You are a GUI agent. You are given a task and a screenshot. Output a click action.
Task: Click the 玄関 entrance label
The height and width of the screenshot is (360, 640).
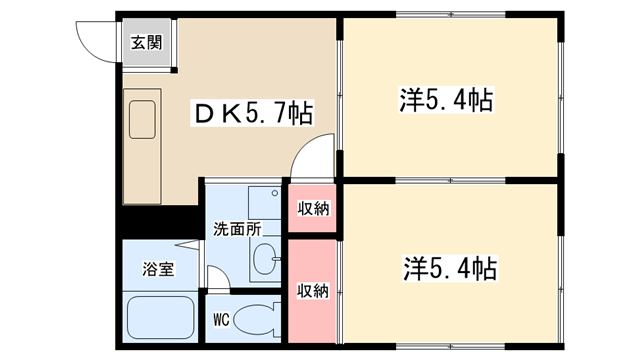pyautogui.click(x=147, y=42)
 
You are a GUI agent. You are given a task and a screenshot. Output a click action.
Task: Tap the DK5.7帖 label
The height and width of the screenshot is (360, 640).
pyautogui.click(x=253, y=113)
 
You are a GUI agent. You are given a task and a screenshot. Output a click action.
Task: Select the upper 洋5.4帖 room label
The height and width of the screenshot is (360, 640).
pyautogui.click(x=447, y=100)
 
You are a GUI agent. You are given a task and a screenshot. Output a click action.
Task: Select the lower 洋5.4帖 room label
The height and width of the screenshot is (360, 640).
pyautogui.click(x=451, y=268)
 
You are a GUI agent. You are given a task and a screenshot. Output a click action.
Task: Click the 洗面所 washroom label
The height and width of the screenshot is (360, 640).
pyautogui.click(x=237, y=229)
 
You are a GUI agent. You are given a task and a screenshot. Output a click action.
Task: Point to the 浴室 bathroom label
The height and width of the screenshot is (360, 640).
pyautogui.click(x=158, y=269)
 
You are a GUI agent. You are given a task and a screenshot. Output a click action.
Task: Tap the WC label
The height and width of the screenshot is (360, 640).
pyautogui.click(x=222, y=319)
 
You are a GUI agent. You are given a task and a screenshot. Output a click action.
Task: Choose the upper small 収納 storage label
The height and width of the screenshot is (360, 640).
pyautogui.click(x=313, y=209)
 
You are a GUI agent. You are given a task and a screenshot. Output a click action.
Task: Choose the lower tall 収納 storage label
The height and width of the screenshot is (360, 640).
pyautogui.click(x=313, y=291)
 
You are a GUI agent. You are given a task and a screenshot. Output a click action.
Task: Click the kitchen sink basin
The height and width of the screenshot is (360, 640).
pyautogui.click(x=142, y=120)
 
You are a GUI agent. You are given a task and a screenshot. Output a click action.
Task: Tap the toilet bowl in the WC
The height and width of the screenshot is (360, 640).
pyautogui.click(x=257, y=320)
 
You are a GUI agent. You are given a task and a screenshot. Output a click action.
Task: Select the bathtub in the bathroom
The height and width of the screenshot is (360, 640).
pyautogui.click(x=160, y=318)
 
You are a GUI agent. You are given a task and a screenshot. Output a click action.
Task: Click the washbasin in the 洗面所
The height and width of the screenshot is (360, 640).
pyautogui.click(x=265, y=258)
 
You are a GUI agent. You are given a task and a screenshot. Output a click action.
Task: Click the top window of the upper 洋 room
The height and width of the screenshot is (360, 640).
pyautogui.click(x=451, y=15)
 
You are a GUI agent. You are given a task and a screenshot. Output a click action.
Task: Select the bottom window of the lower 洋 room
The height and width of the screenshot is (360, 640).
pyautogui.click(x=451, y=347)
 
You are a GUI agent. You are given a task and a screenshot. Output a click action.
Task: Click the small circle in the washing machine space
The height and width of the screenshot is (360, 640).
pyautogui.click(x=275, y=193)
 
